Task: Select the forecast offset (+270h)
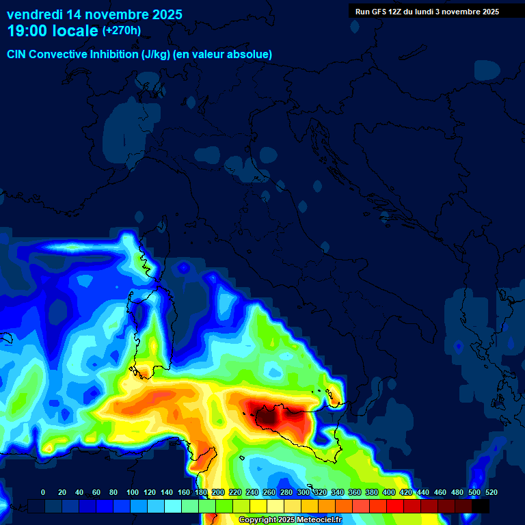pyautogui.click(x=122, y=31)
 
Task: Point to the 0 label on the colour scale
pyautogui.click(x=43, y=492)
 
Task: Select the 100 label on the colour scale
pyautogui.click(x=132, y=492)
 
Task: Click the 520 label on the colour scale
pyautogui.click(x=491, y=492)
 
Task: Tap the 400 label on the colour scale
pyautogui.click(x=389, y=492)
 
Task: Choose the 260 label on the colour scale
pyautogui.click(x=269, y=492)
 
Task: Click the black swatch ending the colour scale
pyautogui.click(x=481, y=506)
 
